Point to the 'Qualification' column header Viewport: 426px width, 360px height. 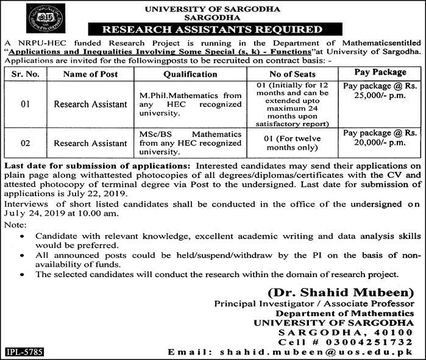[x=190, y=74]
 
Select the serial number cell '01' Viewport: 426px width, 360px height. [x=25, y=104]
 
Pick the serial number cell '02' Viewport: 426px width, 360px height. [x=25, y=144]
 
